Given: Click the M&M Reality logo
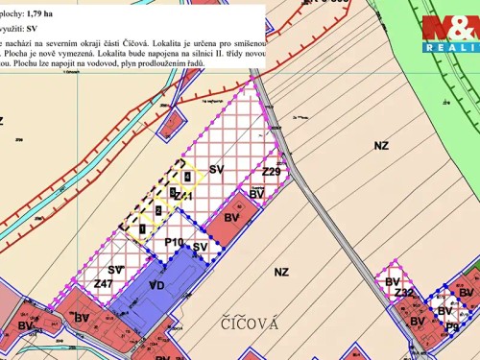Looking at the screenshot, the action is click(x=449, y=34).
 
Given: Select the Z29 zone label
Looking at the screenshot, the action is click(x=271, y=172).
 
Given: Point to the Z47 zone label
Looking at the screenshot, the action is click(x=104, y=284).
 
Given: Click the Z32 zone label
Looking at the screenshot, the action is click(x=404, y=293).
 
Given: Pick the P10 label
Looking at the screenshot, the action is click(x=174, y=242).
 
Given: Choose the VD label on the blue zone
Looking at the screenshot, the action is click(x=157, y=285).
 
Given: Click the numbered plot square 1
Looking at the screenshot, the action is click(x=141, y=228).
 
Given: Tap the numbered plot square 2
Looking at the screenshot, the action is click(x=158, y=210).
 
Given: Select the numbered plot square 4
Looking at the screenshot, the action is click(x=189, y=177).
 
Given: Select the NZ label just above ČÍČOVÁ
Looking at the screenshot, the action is click(x=280, y=273).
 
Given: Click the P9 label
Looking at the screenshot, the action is click(x=451, y=326).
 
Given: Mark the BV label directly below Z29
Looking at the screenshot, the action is click(x=256, y=194).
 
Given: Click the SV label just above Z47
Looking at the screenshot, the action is click(x=115, y=270).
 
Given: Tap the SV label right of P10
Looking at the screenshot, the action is click(x=200, y=247).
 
